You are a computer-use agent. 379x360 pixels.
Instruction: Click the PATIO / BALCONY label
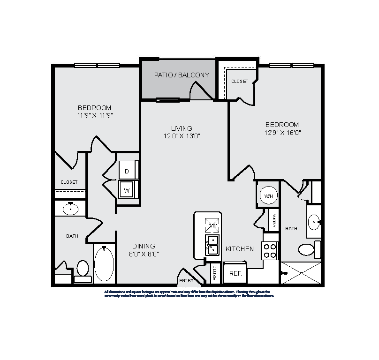[182, 75]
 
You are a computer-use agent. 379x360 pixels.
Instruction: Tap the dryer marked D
[127, 171]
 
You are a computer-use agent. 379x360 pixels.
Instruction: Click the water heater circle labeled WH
[268, 195]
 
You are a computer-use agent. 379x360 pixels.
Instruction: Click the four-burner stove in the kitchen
[270, 251]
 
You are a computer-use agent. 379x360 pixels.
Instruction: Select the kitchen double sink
[212, 245]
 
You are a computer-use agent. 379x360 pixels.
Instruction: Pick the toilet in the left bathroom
[83, 270]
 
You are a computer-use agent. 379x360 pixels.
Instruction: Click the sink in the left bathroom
[71, 209]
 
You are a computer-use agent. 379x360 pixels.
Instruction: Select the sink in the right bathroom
[315, 219]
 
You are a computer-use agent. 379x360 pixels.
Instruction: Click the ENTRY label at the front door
[186, 281]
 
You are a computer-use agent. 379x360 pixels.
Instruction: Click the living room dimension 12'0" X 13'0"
[182, 136]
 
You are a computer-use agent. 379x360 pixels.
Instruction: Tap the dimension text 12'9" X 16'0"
[282, 133]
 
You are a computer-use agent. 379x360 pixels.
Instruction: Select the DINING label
[144, 246]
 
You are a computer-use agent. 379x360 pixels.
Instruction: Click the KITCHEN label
[240, 249]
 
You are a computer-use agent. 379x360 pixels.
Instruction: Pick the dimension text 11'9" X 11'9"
[95, 115]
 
